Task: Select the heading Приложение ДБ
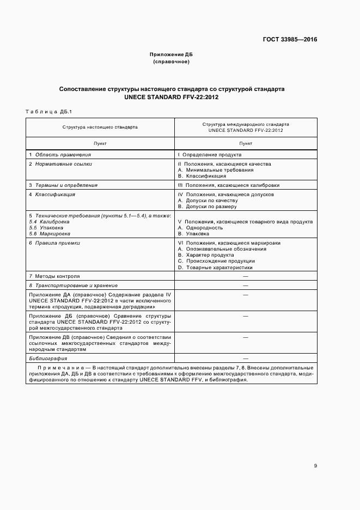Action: [x=171, y=55]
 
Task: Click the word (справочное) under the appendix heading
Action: [x=171, y=62]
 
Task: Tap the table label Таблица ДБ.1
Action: [x=48, y=111]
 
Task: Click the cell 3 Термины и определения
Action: [x=63, y=185]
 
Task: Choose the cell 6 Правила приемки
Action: [x=54, y=243]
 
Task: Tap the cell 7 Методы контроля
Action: [x=54, y=276]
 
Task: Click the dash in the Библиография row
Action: [x=245, y=359]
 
